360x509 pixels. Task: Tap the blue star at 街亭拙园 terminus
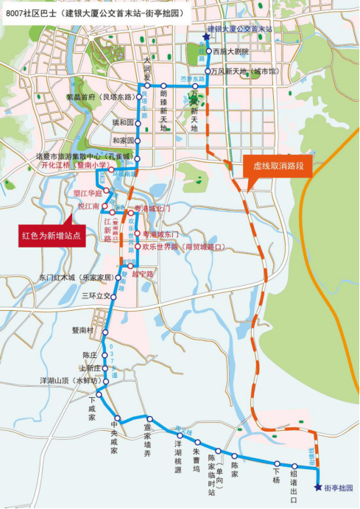[318, 487]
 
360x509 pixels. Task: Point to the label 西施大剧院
[230, 52]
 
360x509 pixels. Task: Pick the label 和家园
[123, 140]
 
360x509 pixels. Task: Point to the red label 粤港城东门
[161, 234]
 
